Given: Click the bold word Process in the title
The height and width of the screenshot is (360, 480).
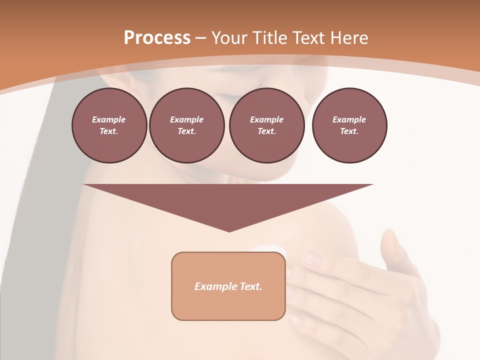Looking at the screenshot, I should (157, 38).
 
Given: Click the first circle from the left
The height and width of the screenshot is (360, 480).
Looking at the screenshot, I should (109, 125).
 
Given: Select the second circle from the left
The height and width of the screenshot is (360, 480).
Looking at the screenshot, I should (186, 125).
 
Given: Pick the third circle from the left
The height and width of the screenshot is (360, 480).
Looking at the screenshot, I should (266, 125).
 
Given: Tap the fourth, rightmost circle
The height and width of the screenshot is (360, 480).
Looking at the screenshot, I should (349, 125).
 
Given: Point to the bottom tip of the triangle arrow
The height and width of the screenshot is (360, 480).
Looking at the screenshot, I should (229, 231).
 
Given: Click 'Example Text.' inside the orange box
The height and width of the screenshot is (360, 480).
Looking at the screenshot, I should (228, 286).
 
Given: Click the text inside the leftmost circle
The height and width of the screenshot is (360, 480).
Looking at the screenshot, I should (109, 125).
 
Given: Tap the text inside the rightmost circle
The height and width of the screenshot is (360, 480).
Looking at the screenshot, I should (349, 125).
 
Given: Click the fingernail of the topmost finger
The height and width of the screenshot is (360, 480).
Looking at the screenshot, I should (312, 258).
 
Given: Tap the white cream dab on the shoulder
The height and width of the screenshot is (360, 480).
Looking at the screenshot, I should (270, 248).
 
